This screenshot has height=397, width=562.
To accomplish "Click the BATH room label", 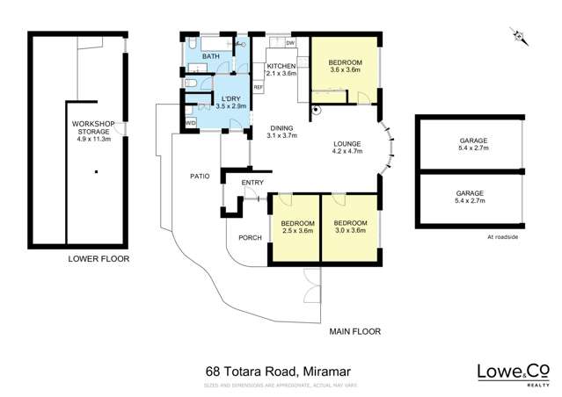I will coord(211,57).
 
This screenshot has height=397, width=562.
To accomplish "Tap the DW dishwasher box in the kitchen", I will coord(289,43).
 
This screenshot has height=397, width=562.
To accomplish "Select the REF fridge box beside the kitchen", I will coord(259,87).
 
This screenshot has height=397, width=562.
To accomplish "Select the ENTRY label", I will coord(252,183).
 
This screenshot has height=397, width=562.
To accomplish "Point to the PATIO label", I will coord(200,177).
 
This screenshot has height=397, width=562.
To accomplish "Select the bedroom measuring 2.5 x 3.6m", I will coord(296,228).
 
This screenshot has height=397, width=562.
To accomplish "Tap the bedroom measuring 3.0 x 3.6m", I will coord(350,228).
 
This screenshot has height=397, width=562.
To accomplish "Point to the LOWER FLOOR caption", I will coord(99,260).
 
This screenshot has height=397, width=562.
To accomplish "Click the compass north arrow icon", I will coord(519,36).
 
